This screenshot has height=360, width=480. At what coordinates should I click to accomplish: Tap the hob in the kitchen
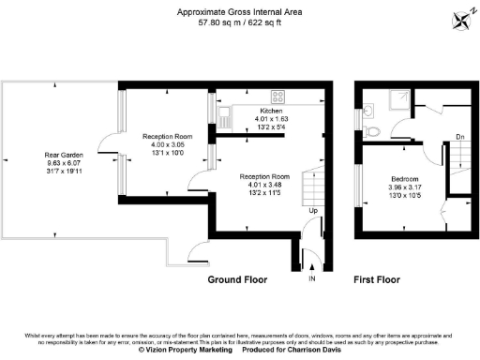[277, 96]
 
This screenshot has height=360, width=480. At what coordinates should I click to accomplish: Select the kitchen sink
[225, 117]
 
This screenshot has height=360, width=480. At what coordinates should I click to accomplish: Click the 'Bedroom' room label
[404, 178]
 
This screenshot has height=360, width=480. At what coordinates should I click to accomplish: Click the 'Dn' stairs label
[459, 137]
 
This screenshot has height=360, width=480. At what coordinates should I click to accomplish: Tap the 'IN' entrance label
[313, 280]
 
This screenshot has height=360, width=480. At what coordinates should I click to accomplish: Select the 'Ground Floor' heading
[237, 279]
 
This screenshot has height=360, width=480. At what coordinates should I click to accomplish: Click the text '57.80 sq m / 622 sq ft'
[239, 23]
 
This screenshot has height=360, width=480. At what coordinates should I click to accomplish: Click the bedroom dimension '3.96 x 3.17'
[404, 187]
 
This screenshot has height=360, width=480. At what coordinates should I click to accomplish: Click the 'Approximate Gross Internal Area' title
[239, 12]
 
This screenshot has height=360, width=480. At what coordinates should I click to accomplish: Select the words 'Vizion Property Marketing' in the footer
[187, 349]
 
